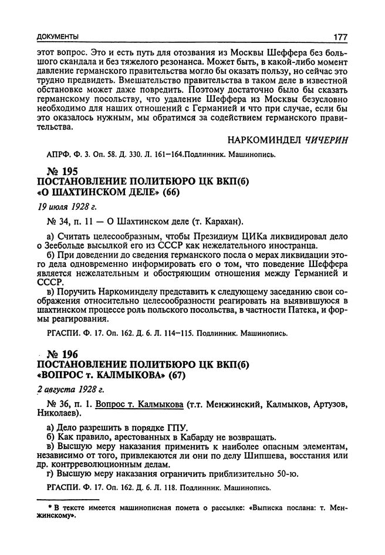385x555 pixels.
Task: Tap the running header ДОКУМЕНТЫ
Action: pos(58,37)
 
